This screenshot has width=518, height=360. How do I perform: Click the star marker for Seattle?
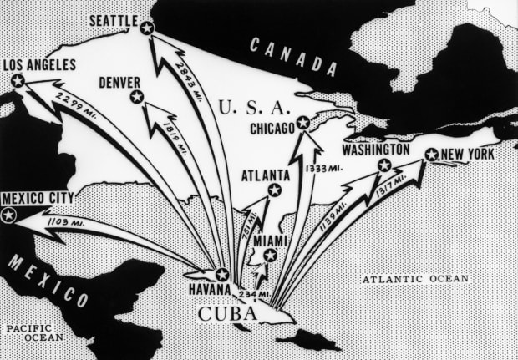pos(147,28)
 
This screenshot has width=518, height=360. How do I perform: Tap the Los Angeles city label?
pos(39,64)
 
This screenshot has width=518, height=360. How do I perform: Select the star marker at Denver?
pos(137,98)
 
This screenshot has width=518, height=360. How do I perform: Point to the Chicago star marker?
pos(303,124)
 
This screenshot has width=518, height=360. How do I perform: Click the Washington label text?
pos(375,149)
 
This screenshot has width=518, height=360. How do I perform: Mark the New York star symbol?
pos(431,155)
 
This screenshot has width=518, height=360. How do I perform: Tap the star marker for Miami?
pos(270,256)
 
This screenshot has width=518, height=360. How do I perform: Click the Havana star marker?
pos(222,274)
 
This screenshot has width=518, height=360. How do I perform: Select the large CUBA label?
pos(226,314)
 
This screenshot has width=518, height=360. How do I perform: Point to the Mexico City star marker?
pos(9,215)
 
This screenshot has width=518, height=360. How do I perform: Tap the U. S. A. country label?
pos(252,107)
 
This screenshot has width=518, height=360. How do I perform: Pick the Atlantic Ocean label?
pos(416,279)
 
